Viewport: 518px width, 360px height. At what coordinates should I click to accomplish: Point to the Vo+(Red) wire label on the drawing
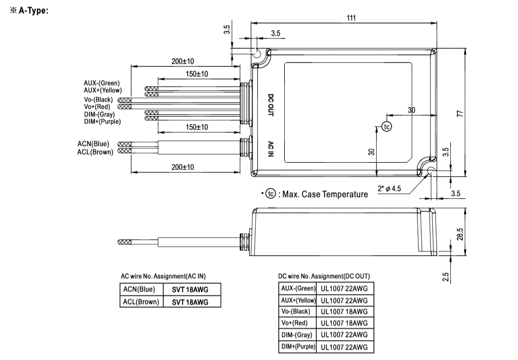[x=98, y=106]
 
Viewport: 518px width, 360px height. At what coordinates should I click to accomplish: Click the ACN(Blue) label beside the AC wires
[x=93, y=143]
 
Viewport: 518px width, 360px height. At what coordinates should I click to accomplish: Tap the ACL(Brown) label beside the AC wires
[x=95, y=152]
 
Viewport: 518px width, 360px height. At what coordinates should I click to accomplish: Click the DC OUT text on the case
[x=271, y=105]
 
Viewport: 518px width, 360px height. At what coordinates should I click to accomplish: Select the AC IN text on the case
[x=271, y=148]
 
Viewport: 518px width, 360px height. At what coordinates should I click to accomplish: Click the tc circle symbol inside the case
[x=387, y=126]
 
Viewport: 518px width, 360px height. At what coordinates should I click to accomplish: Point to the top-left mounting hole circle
[x=257, y=54]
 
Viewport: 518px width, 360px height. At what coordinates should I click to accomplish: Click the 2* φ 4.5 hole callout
[x=390, y=189]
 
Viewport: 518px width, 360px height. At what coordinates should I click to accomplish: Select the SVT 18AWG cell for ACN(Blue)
[x=188, y=289]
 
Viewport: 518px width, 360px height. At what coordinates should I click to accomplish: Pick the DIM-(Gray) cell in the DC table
[x=297, y=335]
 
